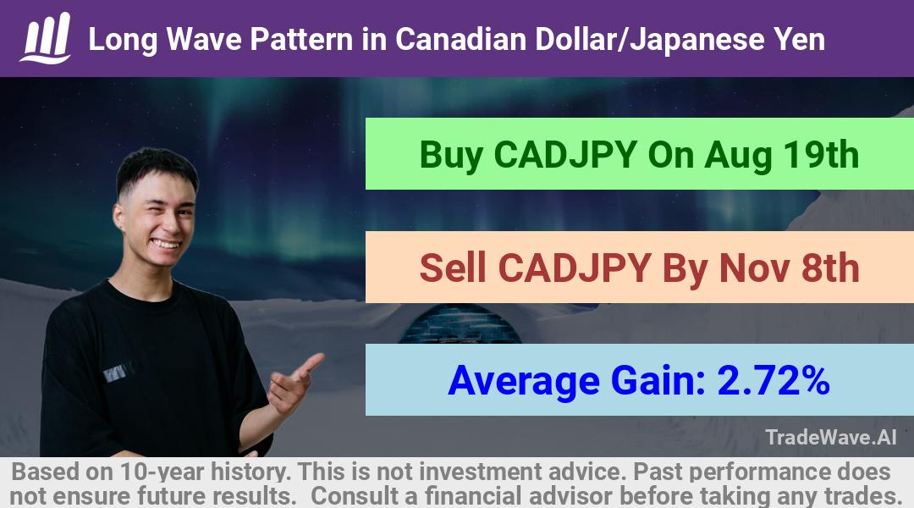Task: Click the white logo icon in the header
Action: [46, 38]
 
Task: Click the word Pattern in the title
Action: [301, 40]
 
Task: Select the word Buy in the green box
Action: [451, 155]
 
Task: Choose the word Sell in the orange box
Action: [453, 268]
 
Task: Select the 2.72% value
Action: [773, 380]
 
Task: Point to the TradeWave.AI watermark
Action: [831, 438]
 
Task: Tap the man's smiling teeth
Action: [166, 244]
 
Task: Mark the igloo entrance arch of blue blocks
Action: [460, 324]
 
